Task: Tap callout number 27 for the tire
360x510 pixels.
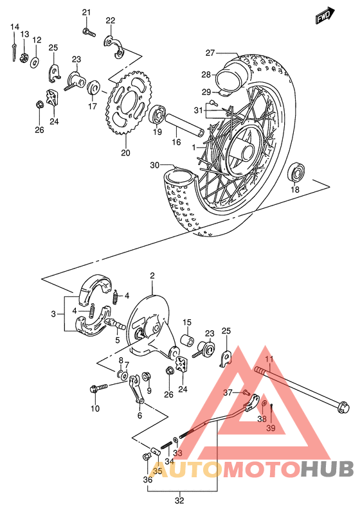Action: coord(210,53)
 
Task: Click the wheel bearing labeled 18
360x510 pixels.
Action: coord(296,171)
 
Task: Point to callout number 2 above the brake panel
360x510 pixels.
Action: coord(152,276)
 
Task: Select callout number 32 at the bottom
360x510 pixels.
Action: coord(180,500)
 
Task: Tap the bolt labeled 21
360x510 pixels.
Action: coord(88,30)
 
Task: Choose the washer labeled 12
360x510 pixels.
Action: coord(35,61)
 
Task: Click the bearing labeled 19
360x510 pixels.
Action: coord(156,117)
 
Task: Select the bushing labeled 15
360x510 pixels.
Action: coord(188,340)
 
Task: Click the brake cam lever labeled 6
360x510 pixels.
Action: coord(135,391)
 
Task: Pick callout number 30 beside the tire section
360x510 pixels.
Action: coord(154,165)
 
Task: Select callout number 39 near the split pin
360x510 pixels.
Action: coord(271,428)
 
